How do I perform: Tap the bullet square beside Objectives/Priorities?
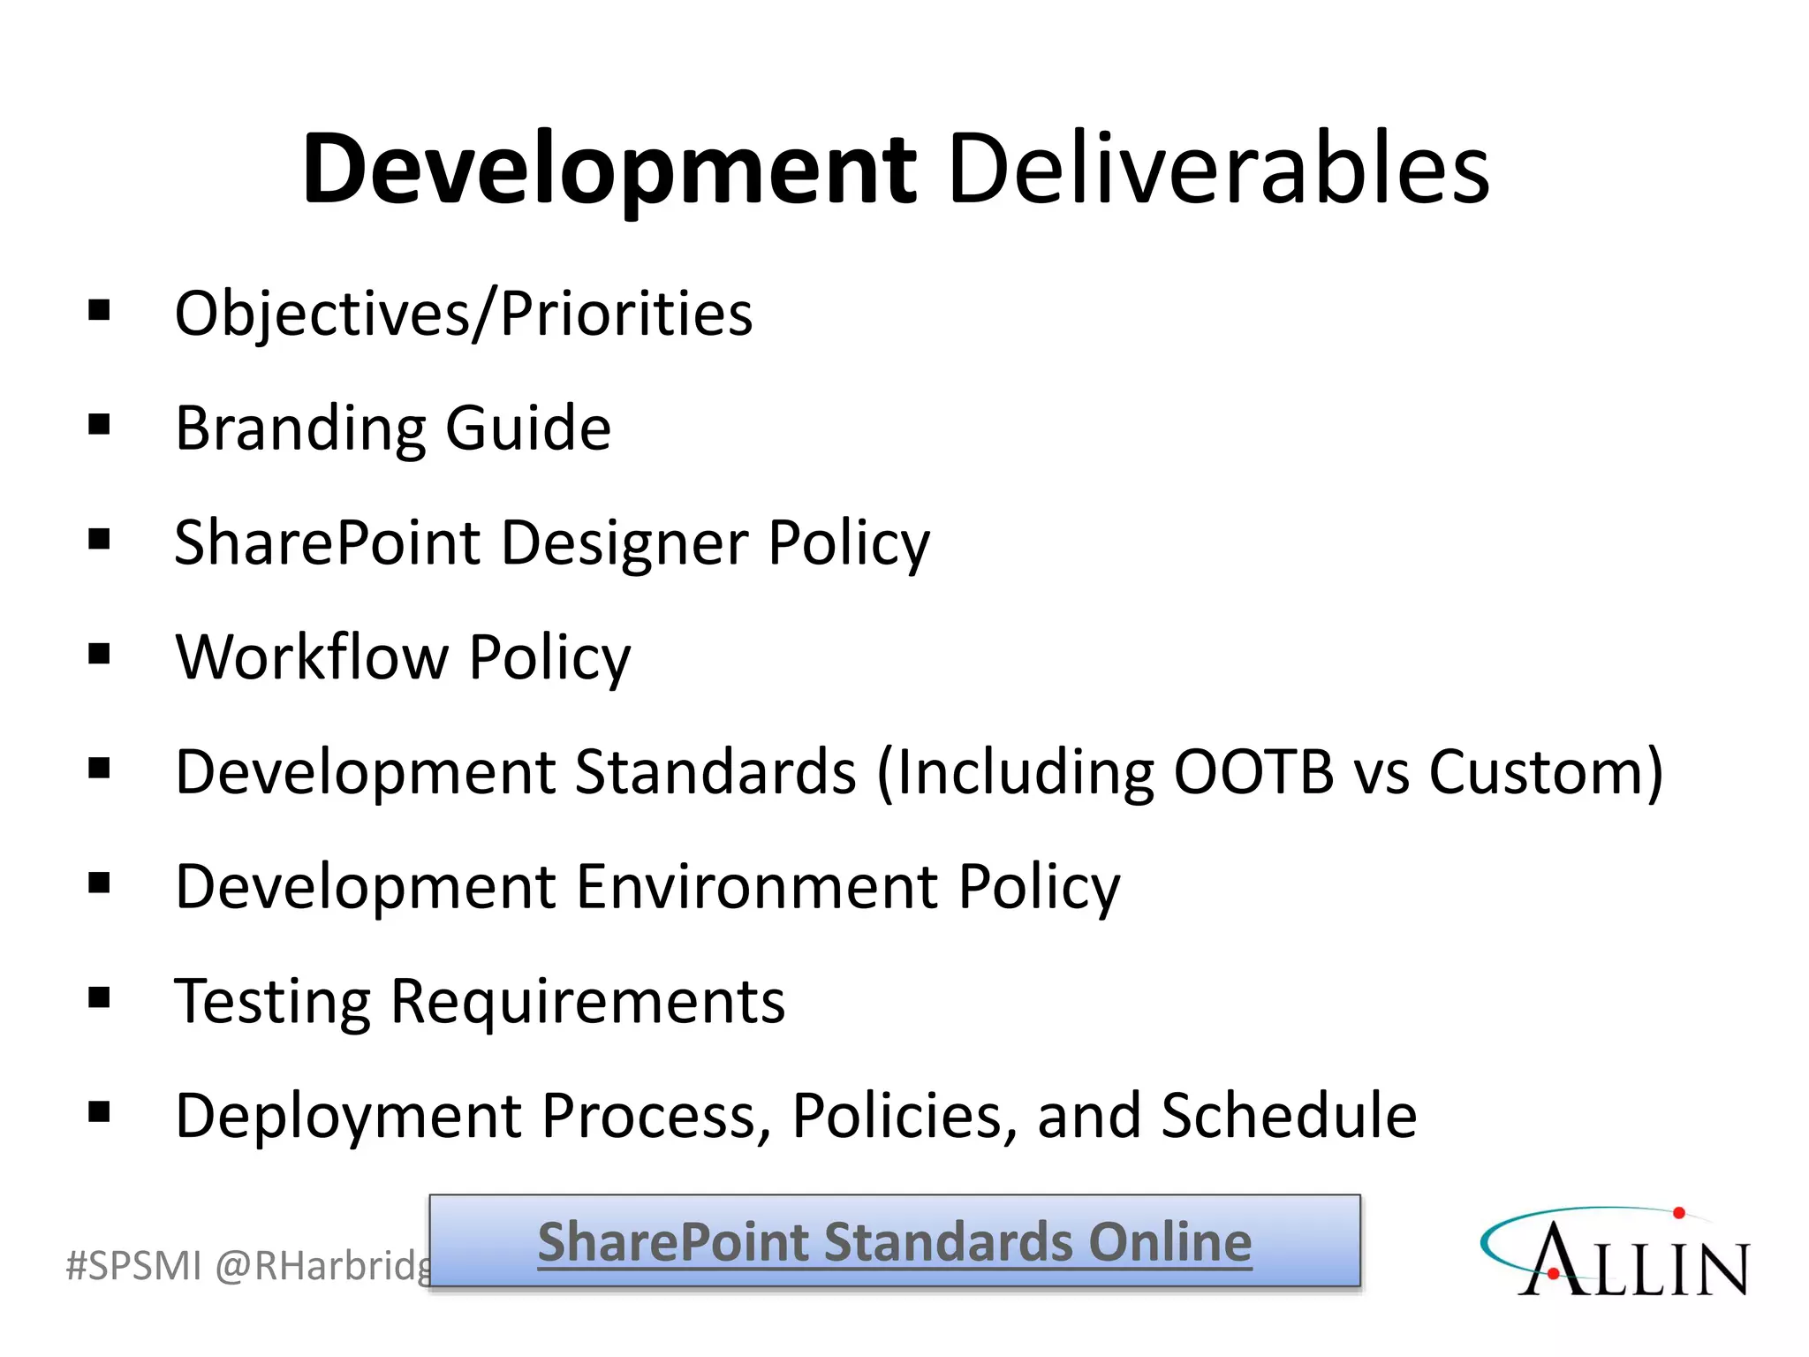click(99, 311)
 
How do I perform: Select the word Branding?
click(299, 428)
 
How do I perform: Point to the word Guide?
click(528, 428)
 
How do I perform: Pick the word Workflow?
click(312, 656)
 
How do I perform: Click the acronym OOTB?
click(1253, 771)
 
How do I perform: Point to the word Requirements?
click(587, 1001)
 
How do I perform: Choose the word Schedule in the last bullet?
click(1289, 1115)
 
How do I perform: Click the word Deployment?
click(348, 1115)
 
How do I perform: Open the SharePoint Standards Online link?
click(895, 1241)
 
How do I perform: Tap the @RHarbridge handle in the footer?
click(322, 1266)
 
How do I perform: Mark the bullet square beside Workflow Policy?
click(99, 655)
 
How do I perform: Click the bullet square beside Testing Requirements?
click(99, 998)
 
